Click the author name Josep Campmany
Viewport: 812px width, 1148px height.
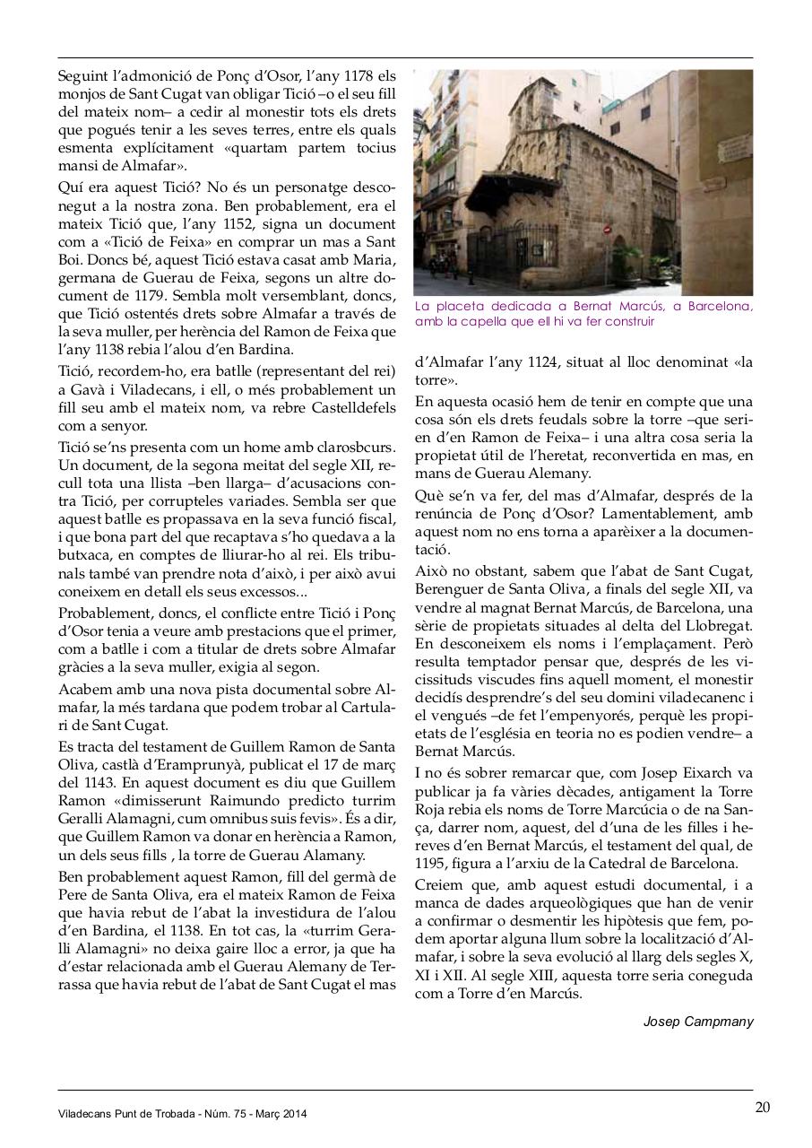pyautogui.click(x=698, y=1021)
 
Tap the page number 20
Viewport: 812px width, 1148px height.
pyautogui.click(x=762, y=1107)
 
